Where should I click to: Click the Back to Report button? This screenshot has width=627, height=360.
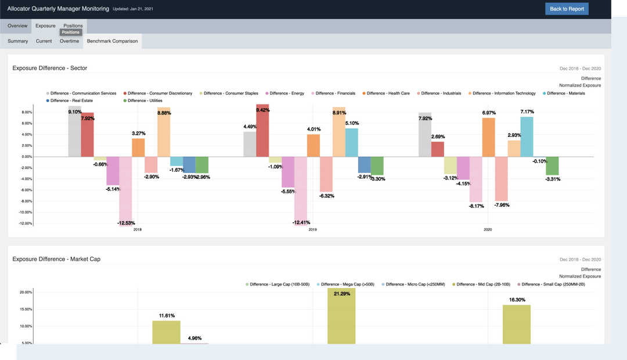567,9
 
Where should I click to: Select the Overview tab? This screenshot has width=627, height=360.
17,26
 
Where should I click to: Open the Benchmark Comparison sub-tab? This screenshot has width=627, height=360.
112,41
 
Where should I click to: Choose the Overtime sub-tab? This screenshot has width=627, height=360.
69,41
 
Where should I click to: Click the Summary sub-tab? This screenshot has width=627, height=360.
18,41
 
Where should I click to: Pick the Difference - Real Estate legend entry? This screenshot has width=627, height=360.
69,101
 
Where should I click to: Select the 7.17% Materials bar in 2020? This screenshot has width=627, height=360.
527,136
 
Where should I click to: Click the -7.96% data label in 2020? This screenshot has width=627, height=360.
502,205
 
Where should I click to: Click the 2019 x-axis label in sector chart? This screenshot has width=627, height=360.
312,230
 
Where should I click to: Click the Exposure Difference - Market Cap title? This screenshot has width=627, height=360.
56,259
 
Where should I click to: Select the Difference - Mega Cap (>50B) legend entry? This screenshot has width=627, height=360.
347,285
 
